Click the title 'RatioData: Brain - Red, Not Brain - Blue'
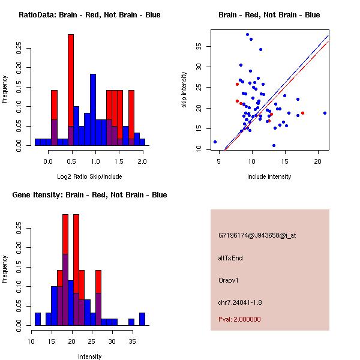(89, 15)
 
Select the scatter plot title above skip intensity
(269, 15)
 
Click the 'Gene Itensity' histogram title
(89, 195)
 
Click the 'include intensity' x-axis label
(269, 176)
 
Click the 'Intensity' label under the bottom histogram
(89, 356)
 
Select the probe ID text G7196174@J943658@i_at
(257, 235)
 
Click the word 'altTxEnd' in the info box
(230, 258)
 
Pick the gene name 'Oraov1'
(229, 280)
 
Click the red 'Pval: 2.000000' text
(239, 319)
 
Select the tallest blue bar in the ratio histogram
(93, 108)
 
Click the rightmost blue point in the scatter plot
(325, 113)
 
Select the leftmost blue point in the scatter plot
(215, 142)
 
